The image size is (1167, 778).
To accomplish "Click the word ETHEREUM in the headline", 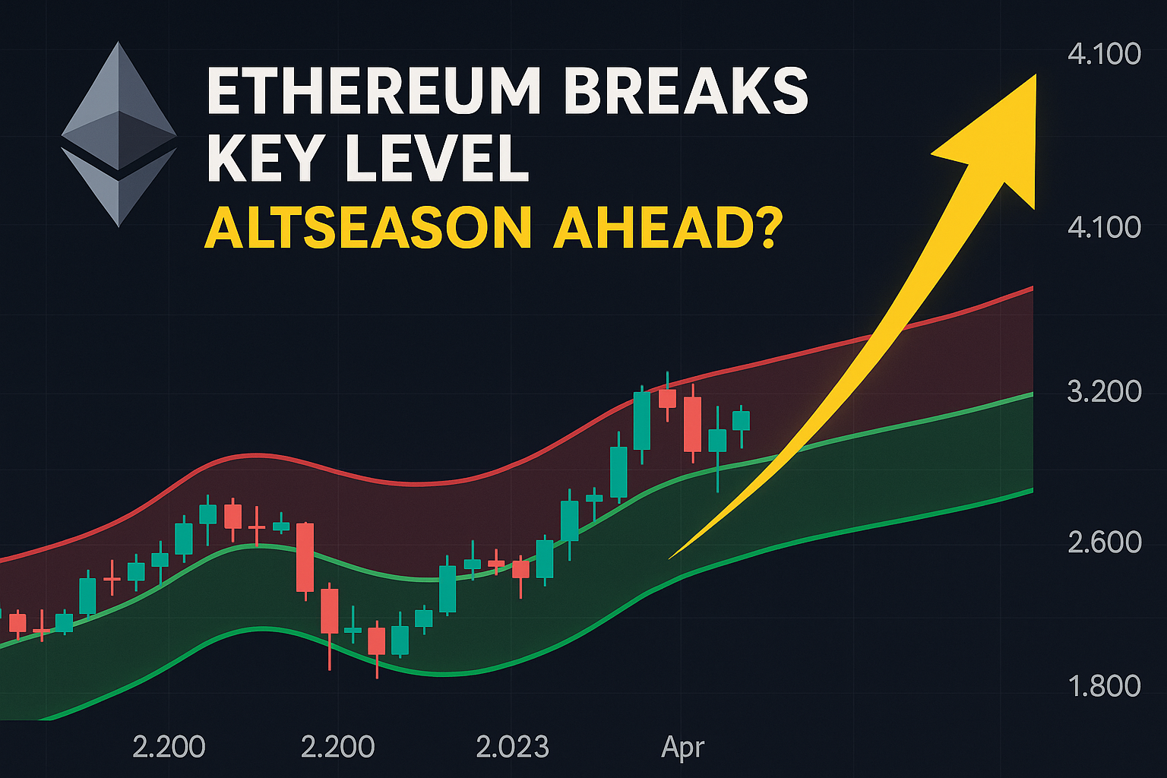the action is pyautogui.click(x=374, y=90).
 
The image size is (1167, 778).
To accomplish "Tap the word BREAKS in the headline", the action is pyautogui.click(x=686, y=90).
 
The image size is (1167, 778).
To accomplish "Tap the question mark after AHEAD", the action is pyautogui.click(x=765, y=227).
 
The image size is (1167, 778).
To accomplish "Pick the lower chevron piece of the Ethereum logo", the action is pyautogui.click(x=119, y=187).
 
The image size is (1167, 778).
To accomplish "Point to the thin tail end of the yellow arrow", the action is pyautogui.click(x=670, y=558).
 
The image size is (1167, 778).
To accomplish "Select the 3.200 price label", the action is pyautogui.click(x=1104, y=391).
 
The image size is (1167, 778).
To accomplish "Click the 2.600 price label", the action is pyautogui.click(x=1104, y=542).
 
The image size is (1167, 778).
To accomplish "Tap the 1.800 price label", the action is pyautogui.click(x=1104, y=686).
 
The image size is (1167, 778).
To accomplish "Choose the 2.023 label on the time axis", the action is pyautogui.click(x=513, y=747).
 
